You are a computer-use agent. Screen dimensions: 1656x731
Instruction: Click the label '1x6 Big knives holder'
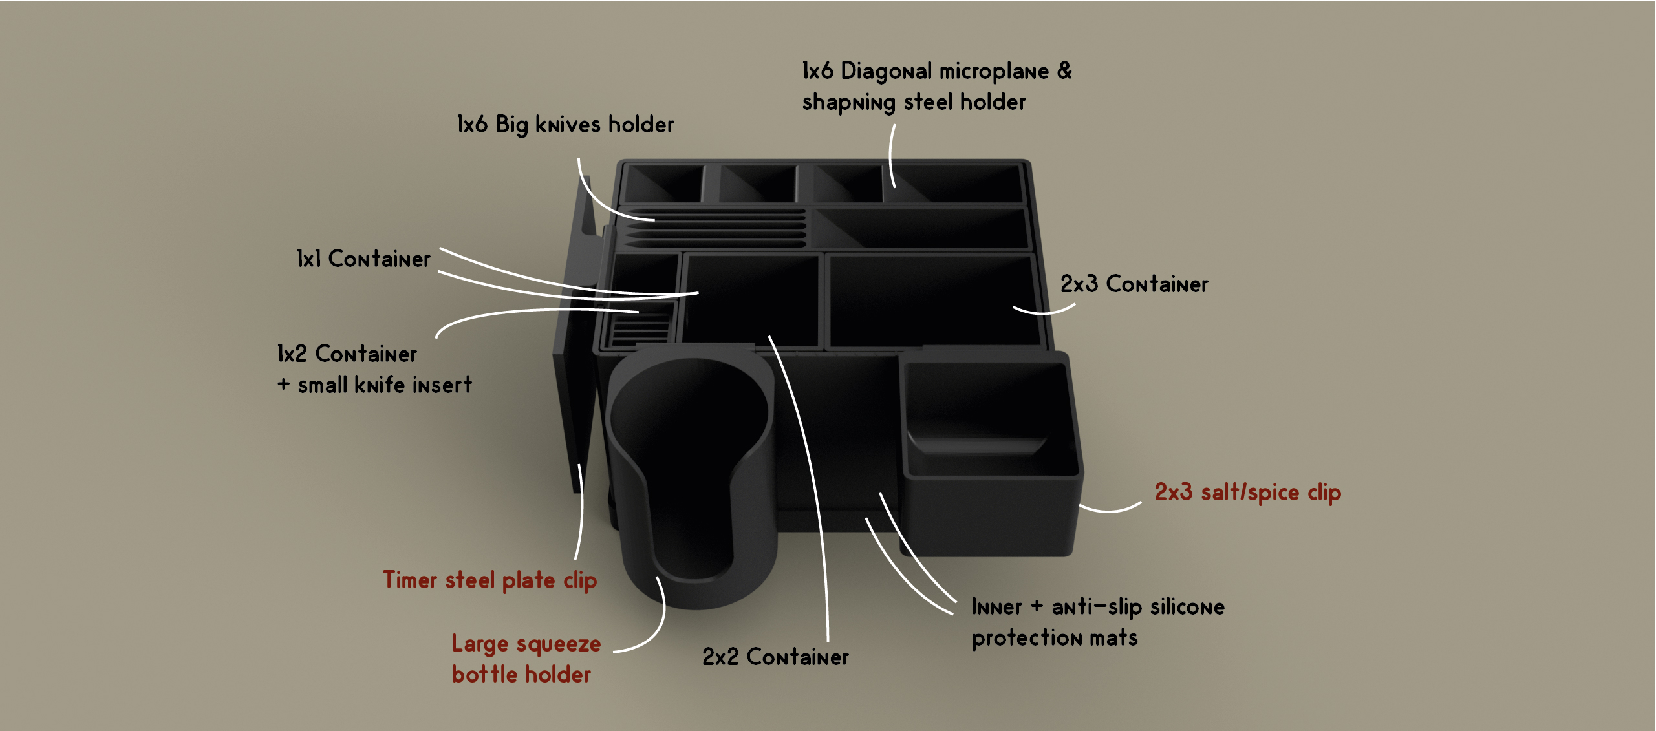pyautogui.click(x=565, y=124)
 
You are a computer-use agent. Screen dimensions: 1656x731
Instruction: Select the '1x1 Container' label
pyautogui.click(x=363, y=259)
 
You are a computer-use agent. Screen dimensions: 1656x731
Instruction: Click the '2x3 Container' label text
pyautogui.click(x=1134, y=284)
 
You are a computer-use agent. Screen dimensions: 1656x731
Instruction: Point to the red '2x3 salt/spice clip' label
pyautogui.click(x=1248, y=493)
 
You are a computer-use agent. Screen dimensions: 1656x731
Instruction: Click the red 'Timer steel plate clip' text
pyautogui.click(x=489, y=580)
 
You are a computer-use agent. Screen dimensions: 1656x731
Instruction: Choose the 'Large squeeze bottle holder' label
pyautogui.click(x=526, y=659)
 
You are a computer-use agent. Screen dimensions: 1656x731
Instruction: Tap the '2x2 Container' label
pyautogui.click(x=775, y=657)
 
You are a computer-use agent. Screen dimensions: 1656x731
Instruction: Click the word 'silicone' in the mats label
pyautogui.click(x=1187, y=607)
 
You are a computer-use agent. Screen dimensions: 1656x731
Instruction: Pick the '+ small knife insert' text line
pyautogui.click(x=375, y=385)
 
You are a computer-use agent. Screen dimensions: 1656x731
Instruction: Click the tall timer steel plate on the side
pyautogui.click(x=575, y=336)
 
